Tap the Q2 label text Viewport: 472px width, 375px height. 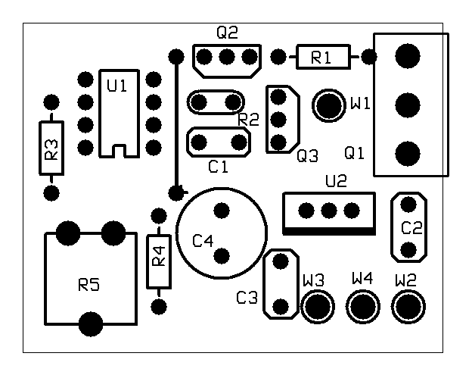tap(227, 33)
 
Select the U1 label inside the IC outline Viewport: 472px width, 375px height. tap(117, 86)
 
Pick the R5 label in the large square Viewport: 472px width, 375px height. tap(89, 285)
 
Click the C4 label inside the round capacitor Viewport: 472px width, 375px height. tap(203, 241)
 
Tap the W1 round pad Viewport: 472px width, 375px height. tap(330, 105)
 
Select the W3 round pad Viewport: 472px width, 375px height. tap(318, 307)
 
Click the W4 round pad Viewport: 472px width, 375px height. tap(363, 307)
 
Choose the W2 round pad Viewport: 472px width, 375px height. tap(408, 307)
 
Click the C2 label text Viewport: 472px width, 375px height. tap(411, 227)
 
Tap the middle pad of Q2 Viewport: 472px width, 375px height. tap(227, 57)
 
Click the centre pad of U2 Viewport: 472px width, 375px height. tap(328, 209)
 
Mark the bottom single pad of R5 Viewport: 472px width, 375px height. tap(91, 323)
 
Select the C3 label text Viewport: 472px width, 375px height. tap(247, 298)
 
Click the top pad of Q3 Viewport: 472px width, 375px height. tap(278, 96)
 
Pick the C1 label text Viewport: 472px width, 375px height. tap(218, 167)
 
